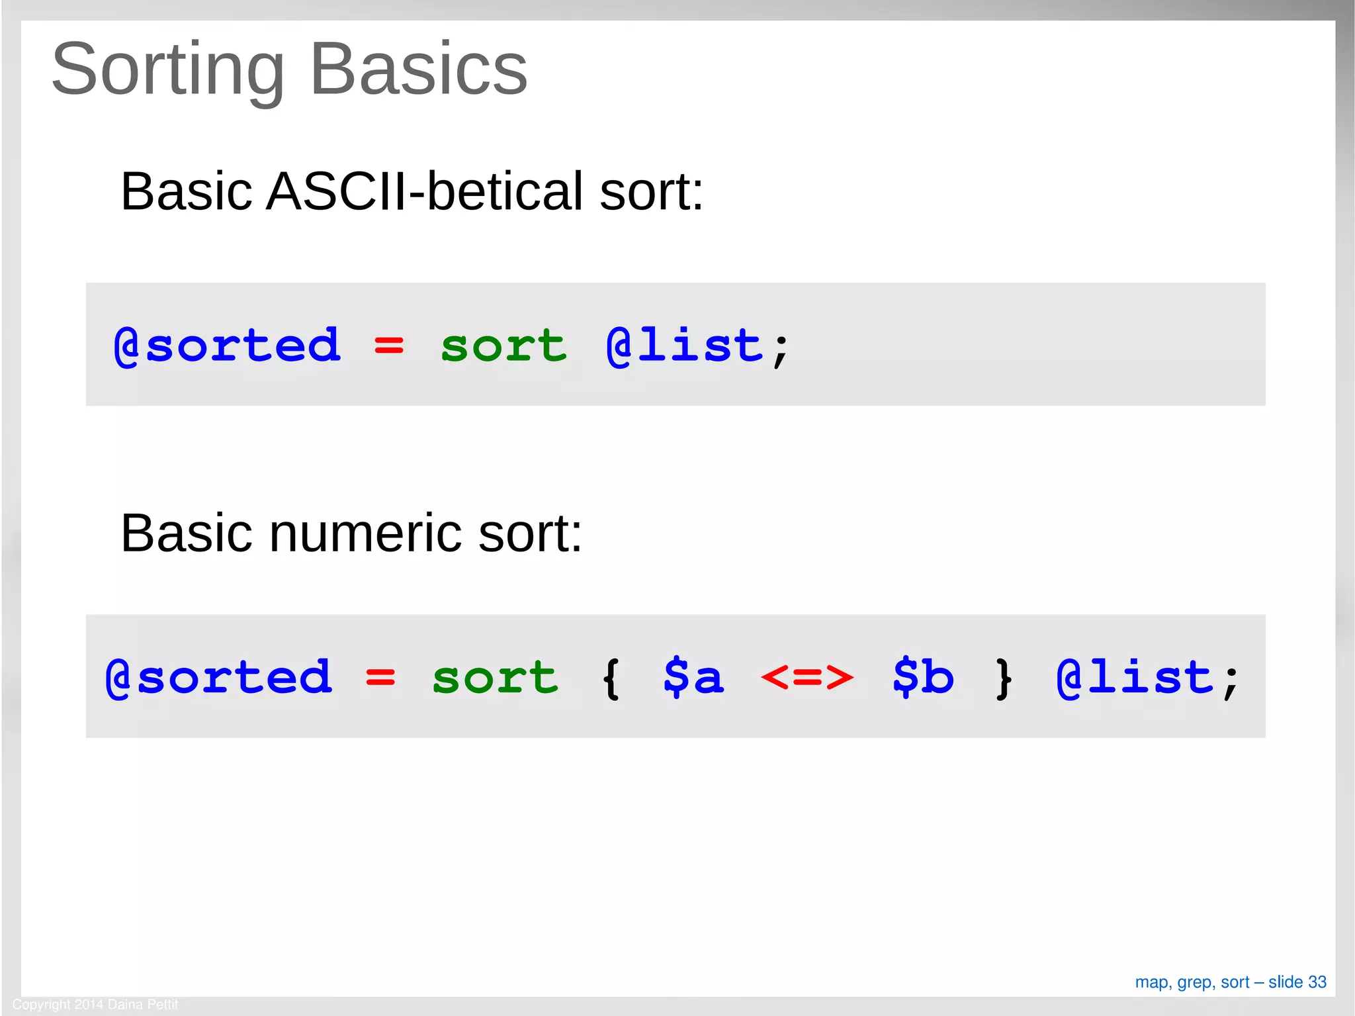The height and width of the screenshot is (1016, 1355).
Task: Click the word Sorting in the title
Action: pyautogui.click(x=168, y=69)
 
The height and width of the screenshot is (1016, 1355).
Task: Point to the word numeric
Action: pyautogui.click(x=365, y=533)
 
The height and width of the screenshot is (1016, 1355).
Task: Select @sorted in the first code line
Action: pyautogui.click(x=227, y=346)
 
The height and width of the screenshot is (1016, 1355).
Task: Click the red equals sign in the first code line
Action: pyautogui.click(x=388, y=346)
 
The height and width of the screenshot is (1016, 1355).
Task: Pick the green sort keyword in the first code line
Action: pyautogui.click(x=503, y=346)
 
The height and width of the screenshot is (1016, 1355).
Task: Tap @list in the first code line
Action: pyautogui.click(x=684, y=346)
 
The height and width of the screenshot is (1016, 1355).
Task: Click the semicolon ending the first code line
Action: pyautogui.click(x=781, y=349)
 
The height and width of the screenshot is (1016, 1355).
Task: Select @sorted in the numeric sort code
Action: pyautogui.click(x=218, y=677)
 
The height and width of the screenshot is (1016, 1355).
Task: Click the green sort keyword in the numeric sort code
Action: pyautogui.click(x=495, y=677)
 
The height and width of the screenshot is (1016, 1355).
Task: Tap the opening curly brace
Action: pyautogui.click(x=611, y=678)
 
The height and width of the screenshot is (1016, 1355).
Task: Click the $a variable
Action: pyautogui.click(x=693, y=677)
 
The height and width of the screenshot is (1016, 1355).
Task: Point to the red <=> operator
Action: pyautogui.click(x=807, y=677)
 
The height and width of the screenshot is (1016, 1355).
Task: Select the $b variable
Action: pyautogui.click(x=922, y=677)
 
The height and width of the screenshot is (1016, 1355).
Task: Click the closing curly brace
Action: pyautogui.click(x=1004, y=678)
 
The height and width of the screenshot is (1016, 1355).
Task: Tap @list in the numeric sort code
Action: pyautogui.click(x=1135, y=677)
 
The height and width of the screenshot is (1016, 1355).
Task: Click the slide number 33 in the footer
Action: pyautogui.click(x=1317, y=982)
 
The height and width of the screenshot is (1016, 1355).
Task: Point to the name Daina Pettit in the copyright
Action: pyautogui.click(x=143, y=1005)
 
